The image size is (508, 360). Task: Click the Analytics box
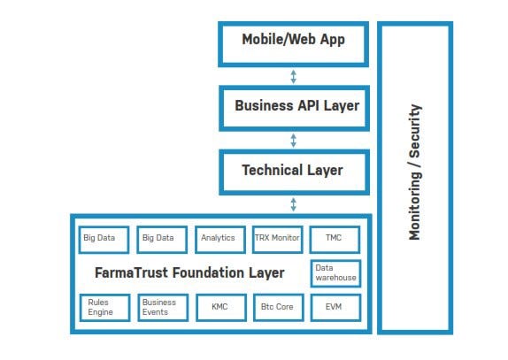click(220, 240)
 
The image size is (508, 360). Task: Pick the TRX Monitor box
click(278, 240)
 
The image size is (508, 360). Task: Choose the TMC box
click(335, 240)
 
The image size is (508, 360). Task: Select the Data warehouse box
click(335, 273)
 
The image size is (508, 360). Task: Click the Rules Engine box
click(105, 308)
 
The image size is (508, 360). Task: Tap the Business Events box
click(163, 308)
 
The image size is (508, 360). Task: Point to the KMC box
click(221, 308)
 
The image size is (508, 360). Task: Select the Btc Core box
click(279, 308)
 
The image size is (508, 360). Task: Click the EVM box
click(335, 308)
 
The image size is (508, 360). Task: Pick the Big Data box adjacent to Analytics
click(162, 240)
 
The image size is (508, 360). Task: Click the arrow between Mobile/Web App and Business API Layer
click(293, 77)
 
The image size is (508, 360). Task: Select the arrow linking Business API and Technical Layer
click(293, 141)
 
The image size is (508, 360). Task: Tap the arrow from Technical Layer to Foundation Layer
click(293, 204)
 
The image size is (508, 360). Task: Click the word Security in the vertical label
click(415, 131)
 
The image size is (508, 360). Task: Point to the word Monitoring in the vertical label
click(415, 205)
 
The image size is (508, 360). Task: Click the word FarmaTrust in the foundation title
click(132, 272)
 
